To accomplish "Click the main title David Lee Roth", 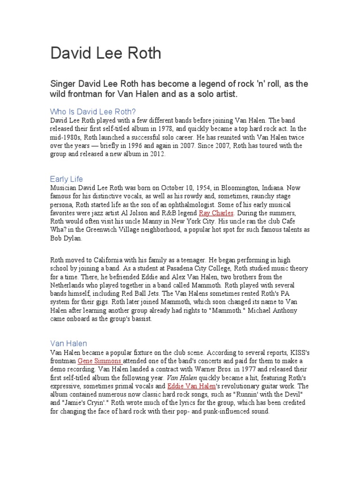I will point(105,53).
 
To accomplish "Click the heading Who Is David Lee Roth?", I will point(93,112).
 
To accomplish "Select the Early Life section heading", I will point(66,179).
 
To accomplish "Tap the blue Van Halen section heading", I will point(68,344).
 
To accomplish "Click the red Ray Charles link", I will point(216,213).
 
